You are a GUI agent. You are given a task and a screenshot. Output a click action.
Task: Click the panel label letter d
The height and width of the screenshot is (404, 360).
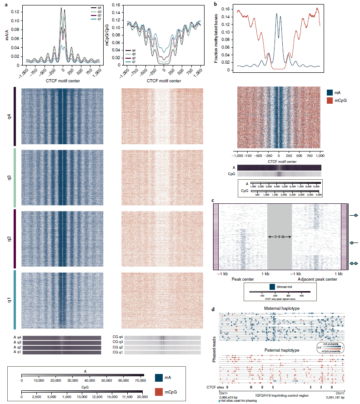click(x=214, y=309)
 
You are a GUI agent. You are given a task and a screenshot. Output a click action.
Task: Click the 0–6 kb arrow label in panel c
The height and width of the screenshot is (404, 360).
click(x=279, y=237)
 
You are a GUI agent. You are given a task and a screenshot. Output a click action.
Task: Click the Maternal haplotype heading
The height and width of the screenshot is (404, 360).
click(x=281, y=309)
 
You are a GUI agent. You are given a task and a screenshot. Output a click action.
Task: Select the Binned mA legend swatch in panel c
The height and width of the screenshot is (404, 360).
click(x=272, y=287)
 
